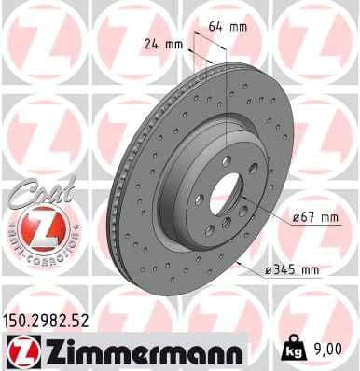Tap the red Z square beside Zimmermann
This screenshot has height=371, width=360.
coord(19,351)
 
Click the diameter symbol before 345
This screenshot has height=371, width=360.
coord(268,271)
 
